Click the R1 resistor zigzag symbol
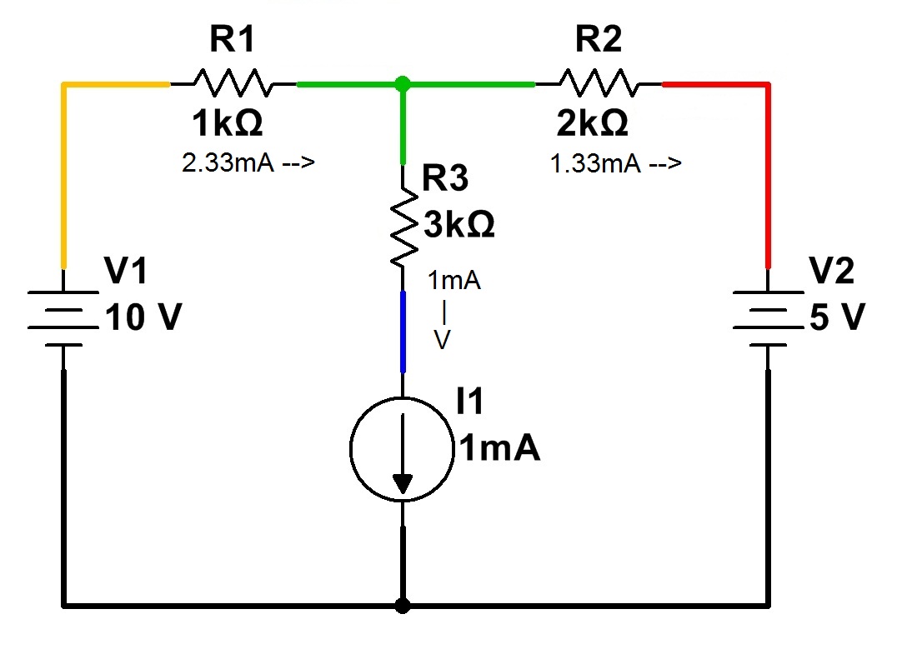(x=233, y=83)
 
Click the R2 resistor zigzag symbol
(x=598, y=83)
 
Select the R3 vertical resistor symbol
(x=403, y=226)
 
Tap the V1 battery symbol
(x=63, y=317)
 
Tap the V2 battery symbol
(x=768, y=317)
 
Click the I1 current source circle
(x=403, y=451)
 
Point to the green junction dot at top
(x=403, y=84)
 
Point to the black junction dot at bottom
(x=403, y=606)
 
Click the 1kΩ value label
(x=227, y=124)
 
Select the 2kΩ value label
(x=592, y=124)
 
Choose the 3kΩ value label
(x=459, y=224)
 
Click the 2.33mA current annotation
(x=247, y=162)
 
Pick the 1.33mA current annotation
(x=615, y=162)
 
